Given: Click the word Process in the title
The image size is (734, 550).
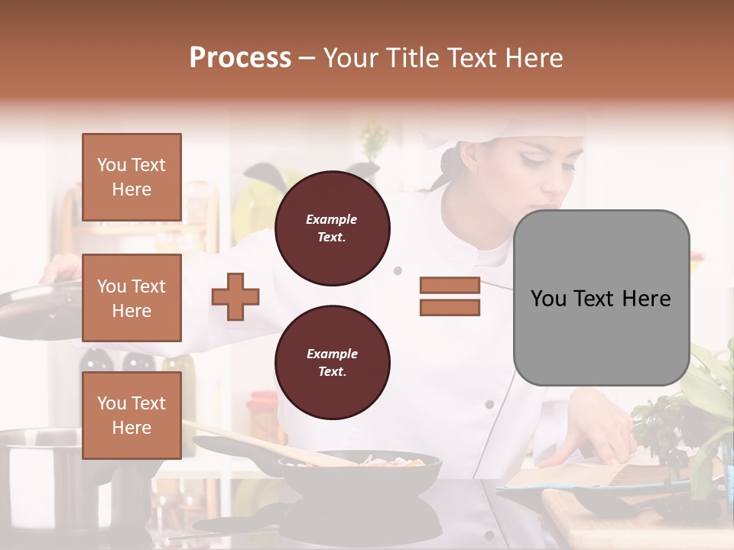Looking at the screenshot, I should [x=240, y=58].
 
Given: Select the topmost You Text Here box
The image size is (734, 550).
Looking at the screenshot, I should [x=132, y=177].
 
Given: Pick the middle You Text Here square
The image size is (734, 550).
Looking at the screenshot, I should [x=132, y=298].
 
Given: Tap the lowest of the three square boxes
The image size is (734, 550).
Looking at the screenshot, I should [x=132, y=416].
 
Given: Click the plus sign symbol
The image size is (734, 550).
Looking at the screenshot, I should [x=235, y=296].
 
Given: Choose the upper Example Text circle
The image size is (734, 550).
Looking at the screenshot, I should [x=333, y=228].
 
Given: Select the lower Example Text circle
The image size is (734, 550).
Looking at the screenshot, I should [x=333, y=363].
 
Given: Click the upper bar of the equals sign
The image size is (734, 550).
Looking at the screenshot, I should [x=450, y=285].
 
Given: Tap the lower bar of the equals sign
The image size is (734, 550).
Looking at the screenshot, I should [x=450, y=308].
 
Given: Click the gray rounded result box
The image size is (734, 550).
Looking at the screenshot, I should [x=601, y=298].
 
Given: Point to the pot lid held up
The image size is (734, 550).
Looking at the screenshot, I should [x=38, y=302].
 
